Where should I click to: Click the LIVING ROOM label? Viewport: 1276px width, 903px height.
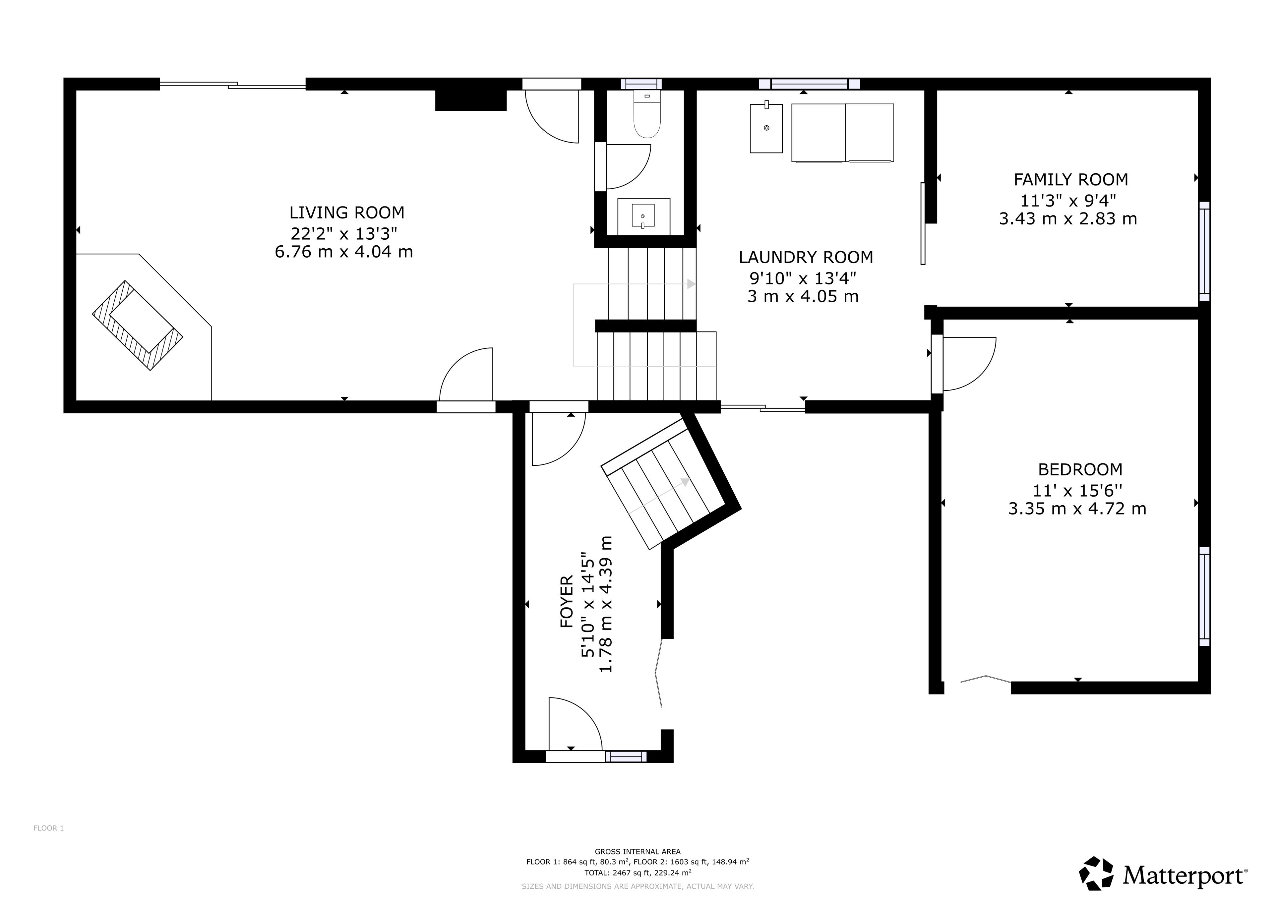coord(347,212)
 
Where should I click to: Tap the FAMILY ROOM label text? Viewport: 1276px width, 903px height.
coord(1071,180)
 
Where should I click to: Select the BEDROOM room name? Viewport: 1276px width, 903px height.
coord(1080,469)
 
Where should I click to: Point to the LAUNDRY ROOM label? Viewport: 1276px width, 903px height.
coord(806,257)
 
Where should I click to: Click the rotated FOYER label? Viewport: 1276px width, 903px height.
coord(566,602)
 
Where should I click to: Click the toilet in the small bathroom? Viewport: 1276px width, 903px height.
coord(647,115)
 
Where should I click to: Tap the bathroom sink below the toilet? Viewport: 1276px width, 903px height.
coord(644,216)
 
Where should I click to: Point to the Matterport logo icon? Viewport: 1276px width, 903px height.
coord(1097,873)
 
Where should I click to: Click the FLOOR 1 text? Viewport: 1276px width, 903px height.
coord(49,828)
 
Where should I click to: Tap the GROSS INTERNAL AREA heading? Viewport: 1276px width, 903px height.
coord(637,851)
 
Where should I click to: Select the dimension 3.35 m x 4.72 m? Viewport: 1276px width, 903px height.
coord(1077,509)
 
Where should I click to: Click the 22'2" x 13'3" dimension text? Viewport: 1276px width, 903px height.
coord(344,232)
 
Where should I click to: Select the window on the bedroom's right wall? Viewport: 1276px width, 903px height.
coord(1204,596)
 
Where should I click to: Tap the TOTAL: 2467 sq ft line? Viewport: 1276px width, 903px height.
coord(637,872)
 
